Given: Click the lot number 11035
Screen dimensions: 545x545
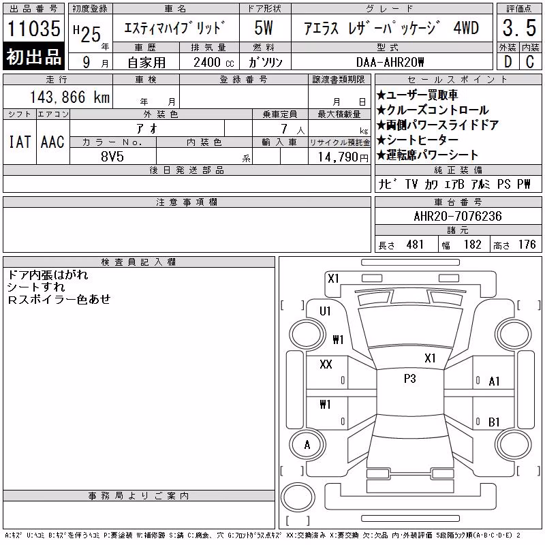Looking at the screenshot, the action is (x=33, y=28).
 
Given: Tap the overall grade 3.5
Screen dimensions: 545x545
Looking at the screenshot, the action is (x=519, y=28).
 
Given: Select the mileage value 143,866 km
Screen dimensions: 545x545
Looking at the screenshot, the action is (x=70, y=97).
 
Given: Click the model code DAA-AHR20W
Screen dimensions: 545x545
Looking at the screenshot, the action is (x=390, y=62).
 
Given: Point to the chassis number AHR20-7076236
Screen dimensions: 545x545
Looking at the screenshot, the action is (x=458, y=216).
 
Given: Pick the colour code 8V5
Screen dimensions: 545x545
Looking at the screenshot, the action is (x=112, y=157).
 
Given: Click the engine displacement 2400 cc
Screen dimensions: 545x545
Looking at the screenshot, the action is (x=213, y=63).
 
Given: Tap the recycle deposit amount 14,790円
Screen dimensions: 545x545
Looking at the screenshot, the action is (x=343, y=157).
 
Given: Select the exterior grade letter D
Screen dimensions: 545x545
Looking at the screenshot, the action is (x=508, y=62).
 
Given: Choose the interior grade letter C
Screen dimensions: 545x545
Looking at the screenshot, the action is (x=530, y=62).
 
